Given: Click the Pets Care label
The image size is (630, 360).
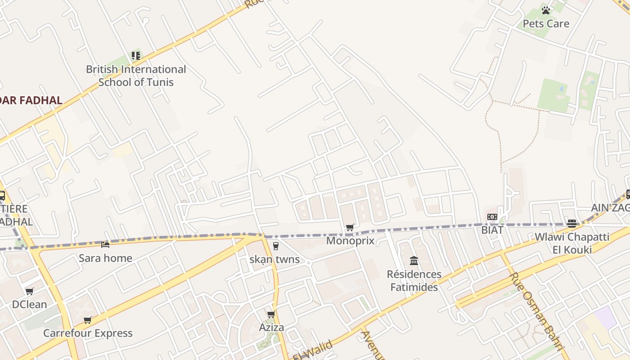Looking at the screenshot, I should [x=546, y=23].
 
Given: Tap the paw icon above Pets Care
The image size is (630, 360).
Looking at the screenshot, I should [x=546, y=10].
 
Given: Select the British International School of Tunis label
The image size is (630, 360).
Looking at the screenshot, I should [x=136, y=76].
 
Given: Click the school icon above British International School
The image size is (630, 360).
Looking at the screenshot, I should [x=136, y=56].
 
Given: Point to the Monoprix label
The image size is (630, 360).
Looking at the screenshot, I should [x=350, y=240].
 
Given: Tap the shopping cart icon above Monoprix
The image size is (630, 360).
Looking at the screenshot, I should [x=350, y=227].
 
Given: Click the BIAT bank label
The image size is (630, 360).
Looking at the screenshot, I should [x=492, y=230].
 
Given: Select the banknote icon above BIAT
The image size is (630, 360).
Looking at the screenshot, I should [x=492, y=217].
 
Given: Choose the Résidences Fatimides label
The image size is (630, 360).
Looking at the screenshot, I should [x=414, y=280].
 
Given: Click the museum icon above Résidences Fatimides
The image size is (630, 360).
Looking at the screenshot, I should [x=414, y=261].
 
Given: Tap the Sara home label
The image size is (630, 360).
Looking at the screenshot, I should [x=105, y=258].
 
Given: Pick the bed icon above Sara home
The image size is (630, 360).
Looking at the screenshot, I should [x=105, y=244].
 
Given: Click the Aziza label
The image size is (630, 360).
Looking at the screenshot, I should [x=271, y=327].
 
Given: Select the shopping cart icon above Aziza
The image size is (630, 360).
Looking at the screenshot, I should [x=271, y=314].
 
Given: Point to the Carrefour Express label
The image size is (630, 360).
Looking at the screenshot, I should [x=88, y=333].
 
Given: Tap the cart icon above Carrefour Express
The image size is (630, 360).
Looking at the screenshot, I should [x=88, y=320].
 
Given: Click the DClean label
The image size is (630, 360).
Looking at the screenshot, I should [x=29, y=304].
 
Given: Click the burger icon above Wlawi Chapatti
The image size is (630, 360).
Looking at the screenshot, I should [x=572, y=223].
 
